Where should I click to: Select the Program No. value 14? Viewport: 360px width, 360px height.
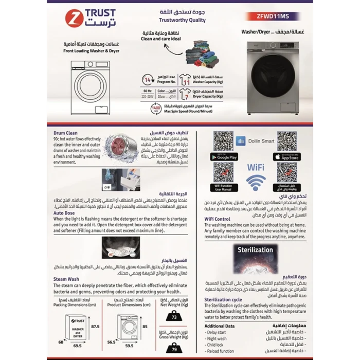coord(148,80)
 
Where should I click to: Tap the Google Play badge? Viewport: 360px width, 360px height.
coord(224,157)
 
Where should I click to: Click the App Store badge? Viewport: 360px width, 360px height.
coord(287,157)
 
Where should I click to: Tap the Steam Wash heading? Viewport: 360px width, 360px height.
coord(66,279)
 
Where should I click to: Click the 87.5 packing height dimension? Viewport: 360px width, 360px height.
coord(94,326)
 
